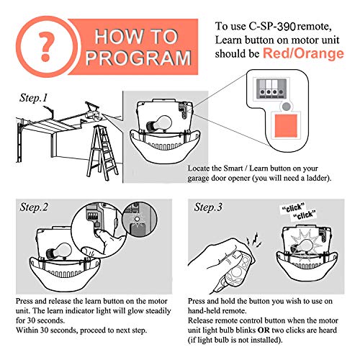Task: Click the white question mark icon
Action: point(46,45)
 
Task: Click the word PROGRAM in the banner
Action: point(138,58)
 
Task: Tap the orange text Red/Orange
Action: point(303,53)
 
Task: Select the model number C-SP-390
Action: point(272,27)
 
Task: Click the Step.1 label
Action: point(33,98)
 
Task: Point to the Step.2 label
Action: point(34,207)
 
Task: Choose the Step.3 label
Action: point(208,207)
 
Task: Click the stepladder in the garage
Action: point(102,153)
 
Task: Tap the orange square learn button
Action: point(286,125)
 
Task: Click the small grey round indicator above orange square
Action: point(286,107)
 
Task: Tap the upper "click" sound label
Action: point(293,208)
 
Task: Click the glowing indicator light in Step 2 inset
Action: point(137,219)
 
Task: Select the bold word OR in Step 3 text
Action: point(264,330)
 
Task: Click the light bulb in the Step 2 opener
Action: point(59,251)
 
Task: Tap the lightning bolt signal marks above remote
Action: point(254,240)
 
